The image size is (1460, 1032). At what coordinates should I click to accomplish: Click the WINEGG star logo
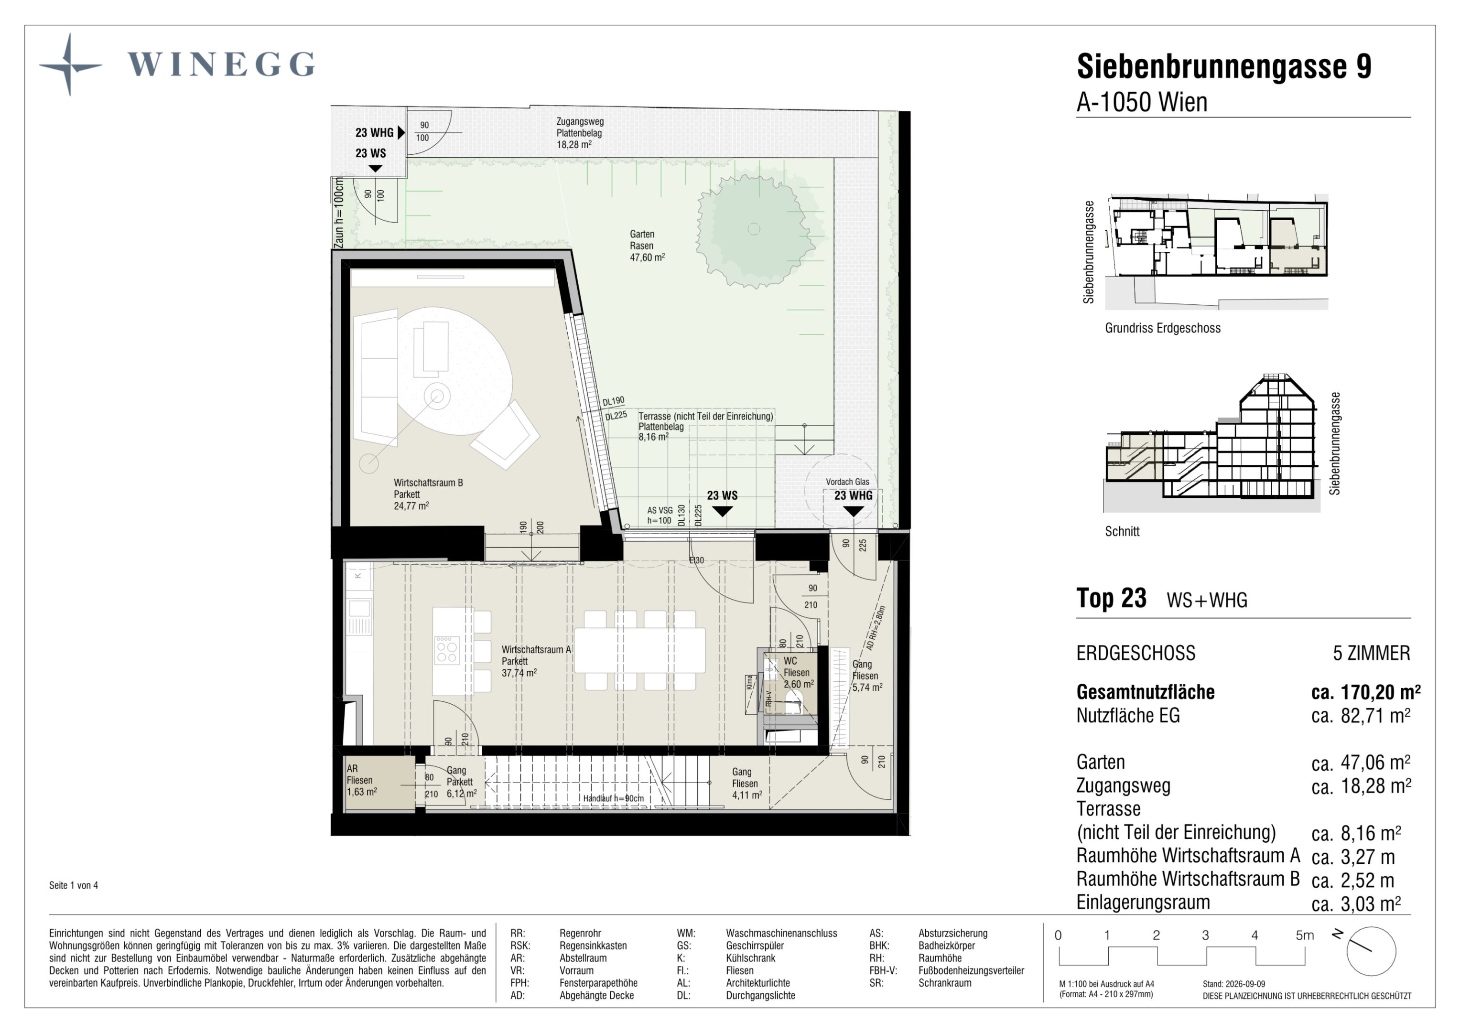tap(70, 65)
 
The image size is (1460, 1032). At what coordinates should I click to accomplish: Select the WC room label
tap(798, 673)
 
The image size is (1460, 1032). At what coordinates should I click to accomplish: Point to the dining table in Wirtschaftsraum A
tap(640, 650)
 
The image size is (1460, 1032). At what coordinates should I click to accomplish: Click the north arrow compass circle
tap(1371, 951)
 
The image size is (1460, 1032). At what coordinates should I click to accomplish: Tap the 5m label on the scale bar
tap(1305, 935)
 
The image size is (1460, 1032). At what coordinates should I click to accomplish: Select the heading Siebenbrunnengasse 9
tap(1224, 66)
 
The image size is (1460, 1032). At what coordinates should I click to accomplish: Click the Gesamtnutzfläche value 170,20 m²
tap(1366, 692)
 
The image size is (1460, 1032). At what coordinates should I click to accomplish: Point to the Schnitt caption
tap(1122, 532)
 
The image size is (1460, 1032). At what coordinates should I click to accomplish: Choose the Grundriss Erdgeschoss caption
tap(1163, 328)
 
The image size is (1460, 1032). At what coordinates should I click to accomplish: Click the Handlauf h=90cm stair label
tap(613, 799)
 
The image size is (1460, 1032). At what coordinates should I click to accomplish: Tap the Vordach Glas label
tap(848, 482)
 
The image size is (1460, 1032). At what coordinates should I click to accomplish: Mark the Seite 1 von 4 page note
tap(74, 885)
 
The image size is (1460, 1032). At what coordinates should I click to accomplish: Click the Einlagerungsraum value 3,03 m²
tap(1356, 903)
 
